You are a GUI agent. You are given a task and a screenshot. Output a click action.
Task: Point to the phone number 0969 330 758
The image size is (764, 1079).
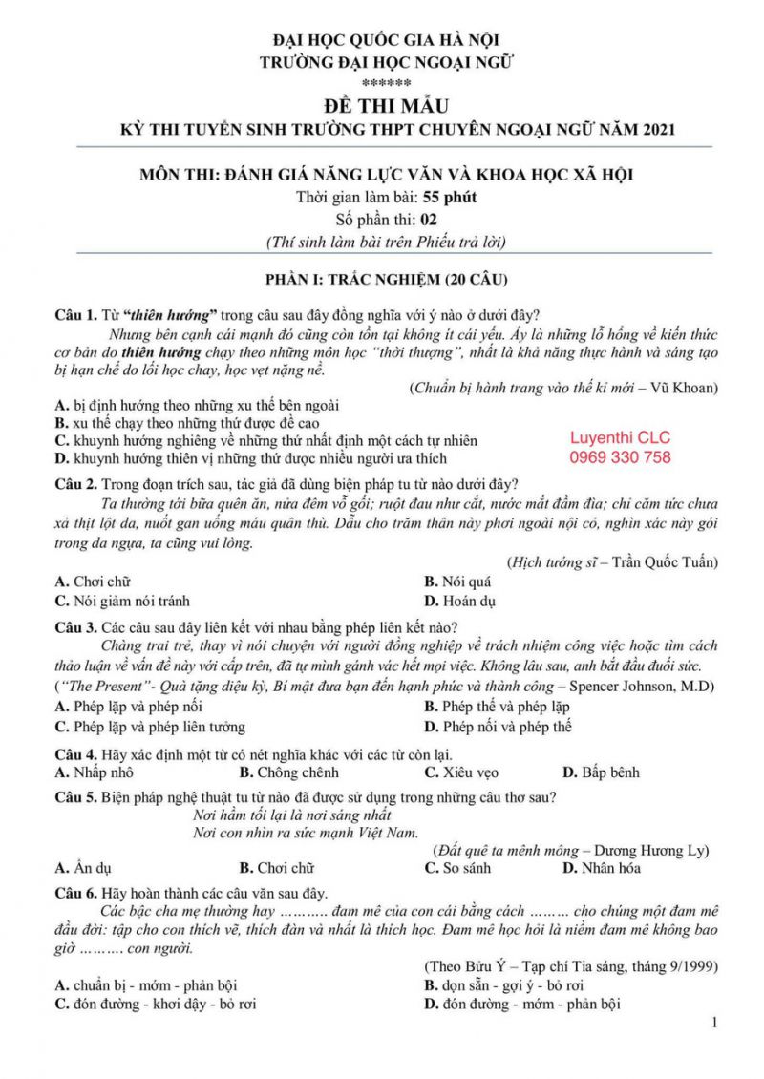pyautogui.click(x=620, y=457)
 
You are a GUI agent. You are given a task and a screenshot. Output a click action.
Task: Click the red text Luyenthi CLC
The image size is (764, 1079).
pyautogui.click(x=620, y=437)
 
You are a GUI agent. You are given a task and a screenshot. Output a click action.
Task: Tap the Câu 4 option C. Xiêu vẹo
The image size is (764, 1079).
pyautogui.click(x=461, y=772)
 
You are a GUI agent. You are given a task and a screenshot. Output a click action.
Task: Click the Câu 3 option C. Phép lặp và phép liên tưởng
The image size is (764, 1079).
pyautogui.click(x=150, y=727)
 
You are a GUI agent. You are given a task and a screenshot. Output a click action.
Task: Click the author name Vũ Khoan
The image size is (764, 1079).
pyautogui.click(x=688, y=388)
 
